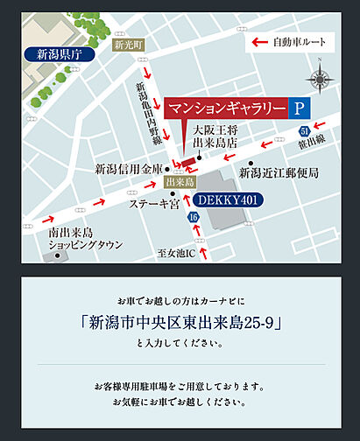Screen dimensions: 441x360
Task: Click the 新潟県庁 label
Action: [58, 54]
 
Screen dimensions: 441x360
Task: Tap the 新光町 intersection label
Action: [126, 45]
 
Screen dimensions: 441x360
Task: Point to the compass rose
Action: [321, 80]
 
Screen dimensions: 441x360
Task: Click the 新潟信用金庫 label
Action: [129, 168]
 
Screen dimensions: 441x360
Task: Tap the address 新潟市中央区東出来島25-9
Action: [180, 321]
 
